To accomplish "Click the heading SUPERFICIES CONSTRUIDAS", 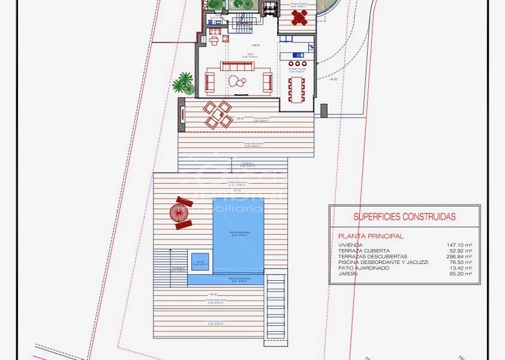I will point(404,217).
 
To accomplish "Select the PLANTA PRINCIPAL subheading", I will point(370,236).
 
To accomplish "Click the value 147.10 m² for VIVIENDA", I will point(459,245).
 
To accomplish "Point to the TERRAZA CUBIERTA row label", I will point(364,251).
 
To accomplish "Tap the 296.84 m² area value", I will point(459,256).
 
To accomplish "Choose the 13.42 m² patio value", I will point(461,268).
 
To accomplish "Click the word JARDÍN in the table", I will point(348,274).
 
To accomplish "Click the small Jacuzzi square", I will point(200,262).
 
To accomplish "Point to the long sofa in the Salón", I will point(238,66).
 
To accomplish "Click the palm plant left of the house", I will point(184,83).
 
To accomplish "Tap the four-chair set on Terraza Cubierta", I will point(217,114).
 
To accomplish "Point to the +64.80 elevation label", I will point(333,79).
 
